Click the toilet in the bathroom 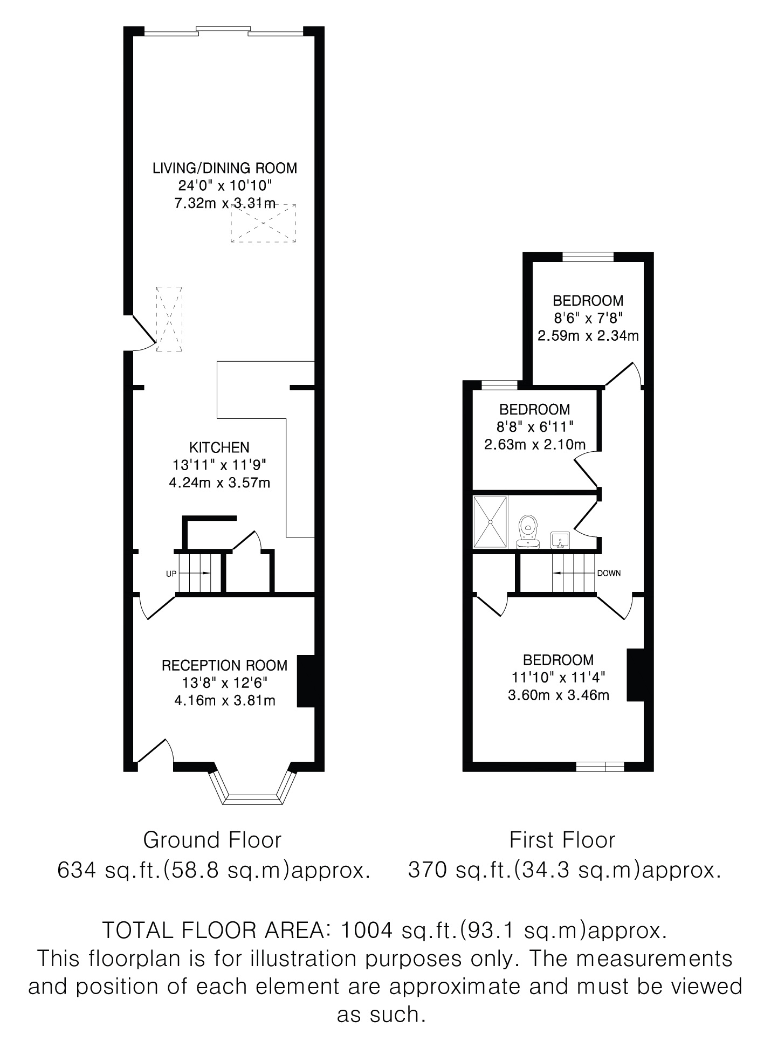click(528, 532)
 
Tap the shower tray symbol click(491, 522)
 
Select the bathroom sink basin click(561, 540)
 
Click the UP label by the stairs click(171, 574)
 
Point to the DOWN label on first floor click(609, 573)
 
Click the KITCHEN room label click(219, 447)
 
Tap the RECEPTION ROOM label click(225, 665)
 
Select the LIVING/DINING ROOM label click(225, 168)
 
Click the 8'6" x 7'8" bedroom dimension click(588, 318)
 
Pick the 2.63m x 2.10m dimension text click(535, 445)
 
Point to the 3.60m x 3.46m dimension click(559, 695)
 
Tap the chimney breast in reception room click(306, 680)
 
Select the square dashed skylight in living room click(264, 223)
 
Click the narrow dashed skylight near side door click(169, 319)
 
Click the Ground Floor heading click(212, 840)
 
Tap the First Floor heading click(562, 840)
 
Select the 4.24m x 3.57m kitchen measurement click(219, 482)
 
